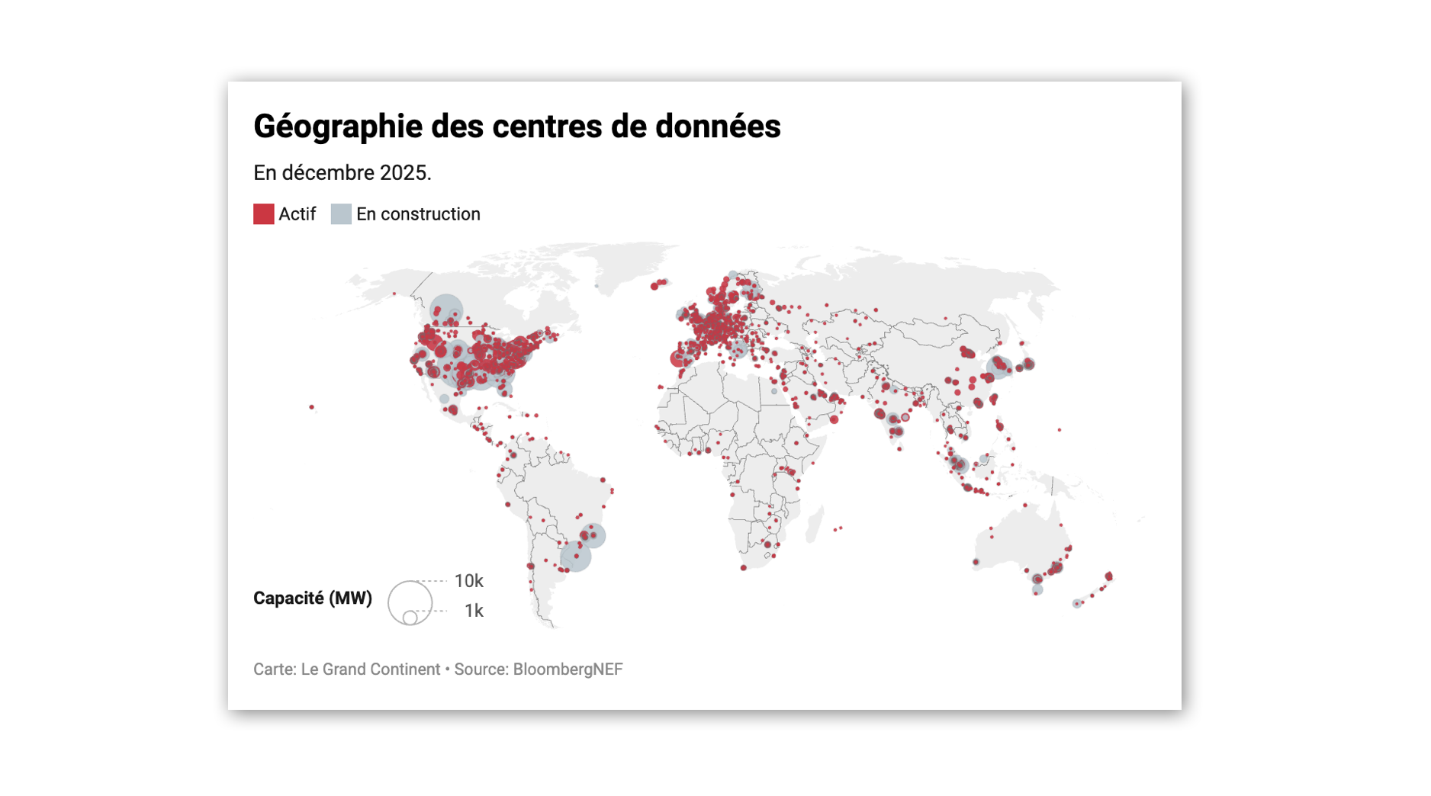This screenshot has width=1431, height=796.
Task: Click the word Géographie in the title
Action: [x=338, y=127]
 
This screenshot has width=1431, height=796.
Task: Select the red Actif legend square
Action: [x=264, y=214]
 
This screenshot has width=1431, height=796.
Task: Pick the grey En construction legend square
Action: [x=341, y=214]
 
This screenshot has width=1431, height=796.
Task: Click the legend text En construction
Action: [x=418, y=214]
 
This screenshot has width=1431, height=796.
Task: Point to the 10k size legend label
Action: [x=468, y=581]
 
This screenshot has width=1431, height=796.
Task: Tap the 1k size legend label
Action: [x=474, y=611]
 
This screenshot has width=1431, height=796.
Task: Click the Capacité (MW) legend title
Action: [x=313, y=598]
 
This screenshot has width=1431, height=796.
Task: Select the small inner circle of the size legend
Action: [x=410, y=617]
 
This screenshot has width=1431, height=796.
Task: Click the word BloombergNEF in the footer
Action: [x=568, y=669]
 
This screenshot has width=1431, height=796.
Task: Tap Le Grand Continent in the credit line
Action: [x=371, y=669]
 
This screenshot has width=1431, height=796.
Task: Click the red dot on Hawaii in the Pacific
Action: [x=311, y=407]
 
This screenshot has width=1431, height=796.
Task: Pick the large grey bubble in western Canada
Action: [x=446, y=311]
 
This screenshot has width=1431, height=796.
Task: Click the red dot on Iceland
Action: [x=659, y=284]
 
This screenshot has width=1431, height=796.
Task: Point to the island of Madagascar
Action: [x=815, y=524]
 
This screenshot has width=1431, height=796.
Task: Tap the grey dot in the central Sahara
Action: [x=774, y=391]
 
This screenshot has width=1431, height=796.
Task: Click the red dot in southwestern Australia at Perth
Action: [x=976, y=563]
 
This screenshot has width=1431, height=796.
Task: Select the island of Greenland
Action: [x=633, y=263]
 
